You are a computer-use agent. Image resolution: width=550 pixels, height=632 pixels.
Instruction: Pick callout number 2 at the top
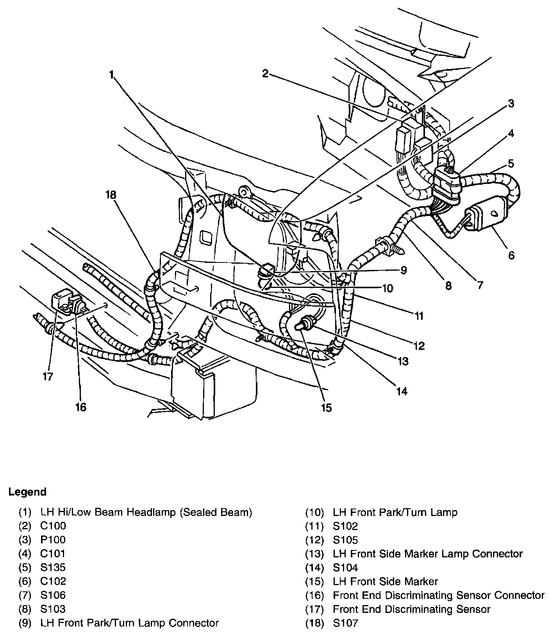[266, 73]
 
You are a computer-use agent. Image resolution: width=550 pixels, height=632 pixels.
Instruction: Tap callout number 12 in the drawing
[419, 345]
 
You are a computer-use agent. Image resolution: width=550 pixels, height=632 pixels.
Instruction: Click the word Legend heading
[27, 491]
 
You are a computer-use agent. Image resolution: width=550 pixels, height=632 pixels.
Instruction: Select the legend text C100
[53, 526]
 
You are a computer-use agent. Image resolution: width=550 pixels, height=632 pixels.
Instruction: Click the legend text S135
[53, 567]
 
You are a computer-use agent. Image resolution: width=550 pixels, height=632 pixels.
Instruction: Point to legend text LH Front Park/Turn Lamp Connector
[129, 623]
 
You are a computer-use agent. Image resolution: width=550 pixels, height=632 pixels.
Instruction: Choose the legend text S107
[345, 623]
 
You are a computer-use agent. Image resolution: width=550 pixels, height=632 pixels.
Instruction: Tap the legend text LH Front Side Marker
[385, 581]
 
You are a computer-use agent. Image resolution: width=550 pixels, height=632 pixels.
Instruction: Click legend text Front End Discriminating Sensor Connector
[438, 595]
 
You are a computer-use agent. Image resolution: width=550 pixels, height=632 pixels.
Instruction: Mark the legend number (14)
[314, 568]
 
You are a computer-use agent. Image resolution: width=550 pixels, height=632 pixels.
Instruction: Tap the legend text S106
[53, 595]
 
